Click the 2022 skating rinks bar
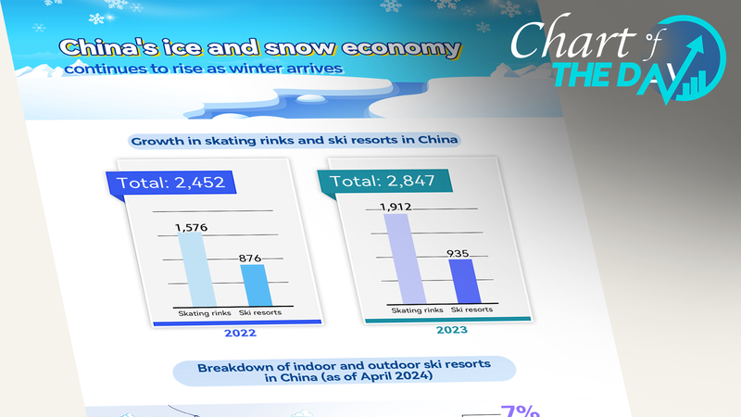pos(195,268)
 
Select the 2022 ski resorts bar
pos(256,284)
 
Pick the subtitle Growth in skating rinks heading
pos(296,141)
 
